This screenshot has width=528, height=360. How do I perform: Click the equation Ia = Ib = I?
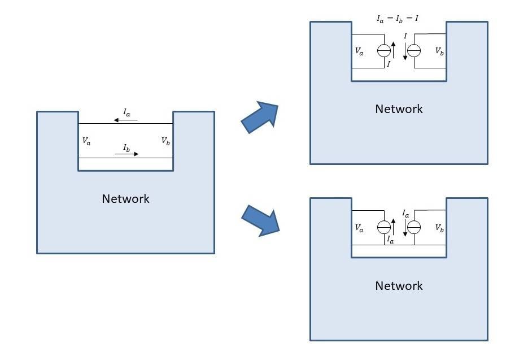click(397, 19)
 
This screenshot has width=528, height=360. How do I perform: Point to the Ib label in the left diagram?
click(127, 148)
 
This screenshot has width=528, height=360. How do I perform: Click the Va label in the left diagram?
click(86, 141)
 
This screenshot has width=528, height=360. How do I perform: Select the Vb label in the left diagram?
click(165, 141)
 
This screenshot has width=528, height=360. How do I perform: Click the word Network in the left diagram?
click(125, 199)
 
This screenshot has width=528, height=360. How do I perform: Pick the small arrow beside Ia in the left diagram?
click(125, 120)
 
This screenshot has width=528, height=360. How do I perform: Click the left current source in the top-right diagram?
click(384, 51)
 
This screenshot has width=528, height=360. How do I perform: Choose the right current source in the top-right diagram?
click(414, 51)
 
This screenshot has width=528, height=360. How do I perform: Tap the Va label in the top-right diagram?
click(360, 51)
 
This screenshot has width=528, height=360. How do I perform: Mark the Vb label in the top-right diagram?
click(439, 51)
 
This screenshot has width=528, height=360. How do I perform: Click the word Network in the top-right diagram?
click(399, 109)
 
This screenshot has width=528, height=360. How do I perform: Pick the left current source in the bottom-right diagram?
click(384, 228)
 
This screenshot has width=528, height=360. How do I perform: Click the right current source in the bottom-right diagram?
click(414, 228)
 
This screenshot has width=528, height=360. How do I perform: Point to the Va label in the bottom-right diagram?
click(360, 228)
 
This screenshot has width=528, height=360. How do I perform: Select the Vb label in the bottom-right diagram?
click(439, 228)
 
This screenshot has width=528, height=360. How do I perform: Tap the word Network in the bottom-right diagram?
click(399, 286)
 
